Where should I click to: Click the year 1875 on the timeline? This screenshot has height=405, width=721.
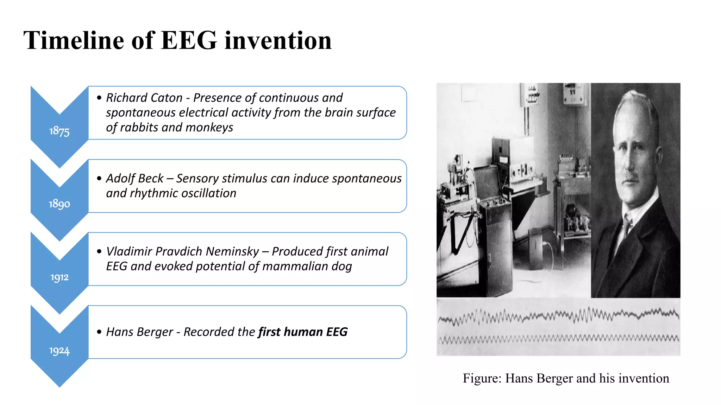59,131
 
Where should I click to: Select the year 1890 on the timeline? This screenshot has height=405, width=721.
59,204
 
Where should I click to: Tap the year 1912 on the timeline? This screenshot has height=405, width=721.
59,277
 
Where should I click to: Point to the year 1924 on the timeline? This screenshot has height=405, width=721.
59,351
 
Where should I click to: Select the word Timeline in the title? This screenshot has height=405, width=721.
74,40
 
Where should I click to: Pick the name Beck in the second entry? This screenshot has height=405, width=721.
151,179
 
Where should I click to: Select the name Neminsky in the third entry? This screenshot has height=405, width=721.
232,252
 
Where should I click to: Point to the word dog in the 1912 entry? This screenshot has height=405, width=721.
341,266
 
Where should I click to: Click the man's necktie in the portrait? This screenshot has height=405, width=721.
626,225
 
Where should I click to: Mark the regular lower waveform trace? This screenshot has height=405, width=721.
558,339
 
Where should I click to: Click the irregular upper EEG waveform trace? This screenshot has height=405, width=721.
558,315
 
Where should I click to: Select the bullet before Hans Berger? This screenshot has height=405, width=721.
99,332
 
